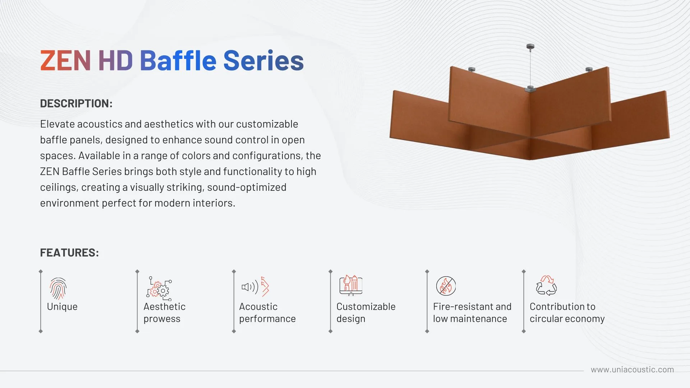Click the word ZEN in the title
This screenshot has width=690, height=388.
65,60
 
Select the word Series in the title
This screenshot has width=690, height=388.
263,60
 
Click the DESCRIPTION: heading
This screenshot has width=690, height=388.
76,103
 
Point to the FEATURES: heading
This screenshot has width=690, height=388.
69,253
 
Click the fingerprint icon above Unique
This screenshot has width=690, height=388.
58,288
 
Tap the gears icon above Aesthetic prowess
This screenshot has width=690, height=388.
159,288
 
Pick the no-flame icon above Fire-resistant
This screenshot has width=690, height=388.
446,286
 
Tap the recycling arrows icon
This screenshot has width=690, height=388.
546,286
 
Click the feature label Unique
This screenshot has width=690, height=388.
62,307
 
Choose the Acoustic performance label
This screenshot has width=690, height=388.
267,313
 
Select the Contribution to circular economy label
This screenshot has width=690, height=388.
567,313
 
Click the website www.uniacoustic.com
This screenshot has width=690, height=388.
632,370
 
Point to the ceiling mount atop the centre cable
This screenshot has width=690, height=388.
530,46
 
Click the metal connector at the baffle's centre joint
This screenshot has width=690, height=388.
530,88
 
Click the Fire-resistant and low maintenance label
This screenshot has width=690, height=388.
472,313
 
